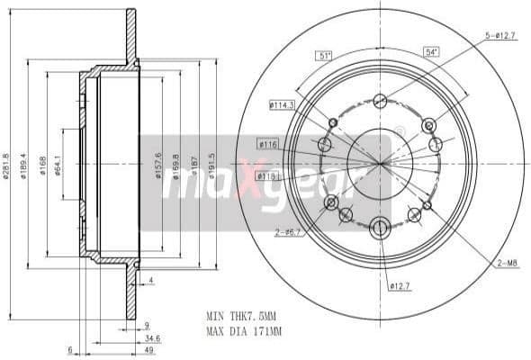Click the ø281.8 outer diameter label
point(7,163)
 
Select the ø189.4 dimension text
point(24,163)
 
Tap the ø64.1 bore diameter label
point(58,163)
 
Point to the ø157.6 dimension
point(158,163)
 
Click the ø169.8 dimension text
point(177,163)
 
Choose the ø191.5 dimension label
point(212,163)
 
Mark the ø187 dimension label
point(195,163)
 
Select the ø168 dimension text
point(42,163)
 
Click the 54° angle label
point(431,52)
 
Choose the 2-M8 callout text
point(507,262)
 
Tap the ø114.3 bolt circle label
point(281,105)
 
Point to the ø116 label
point(267,144)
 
